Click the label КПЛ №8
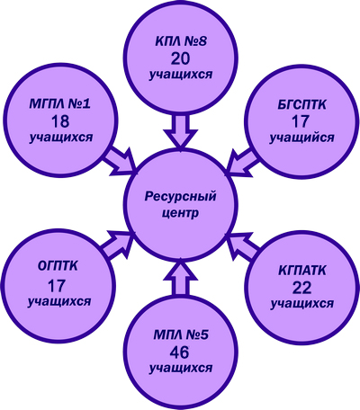(181, 41)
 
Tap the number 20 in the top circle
(181, 58)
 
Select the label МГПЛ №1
(60, 104)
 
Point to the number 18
(60, 121)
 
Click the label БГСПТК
(301, 105)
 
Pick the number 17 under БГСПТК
(301, 121)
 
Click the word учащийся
(301, 138)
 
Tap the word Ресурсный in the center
(181, 198)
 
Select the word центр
(180, 214)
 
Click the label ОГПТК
(58, 266)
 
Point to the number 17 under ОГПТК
(57, 286)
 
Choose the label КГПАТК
(302, 271)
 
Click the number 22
(301, 288)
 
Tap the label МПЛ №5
(181, 335)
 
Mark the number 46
(179, 352)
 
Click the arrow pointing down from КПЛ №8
(181, 132)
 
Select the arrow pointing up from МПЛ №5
(181, 279)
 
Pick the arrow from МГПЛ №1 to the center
(121, 161)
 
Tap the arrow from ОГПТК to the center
(118, 245)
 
